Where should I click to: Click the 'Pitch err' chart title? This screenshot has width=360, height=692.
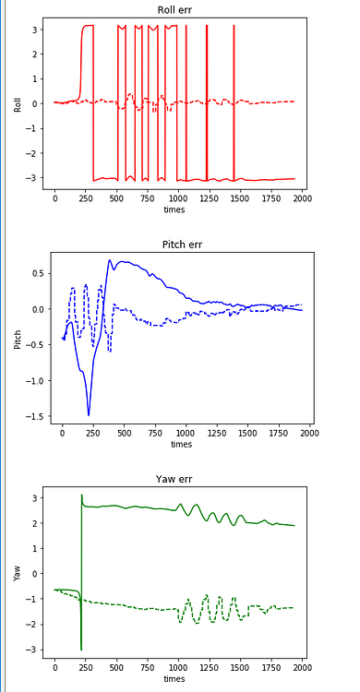pyautogui.click(x=181, y=245)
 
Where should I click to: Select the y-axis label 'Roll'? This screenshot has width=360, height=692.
pyautogui.click(x=18, y=103)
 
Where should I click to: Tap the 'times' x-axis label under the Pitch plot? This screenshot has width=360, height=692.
pyautogui.click(x=181, y=445)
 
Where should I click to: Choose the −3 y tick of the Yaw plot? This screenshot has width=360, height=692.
pyautogui.click(x=34, y=650)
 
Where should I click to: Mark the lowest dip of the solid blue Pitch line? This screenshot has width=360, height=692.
pyautogui.click(x=89, y=415)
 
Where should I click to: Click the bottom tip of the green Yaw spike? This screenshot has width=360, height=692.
pyautogui.click(x=81, y=650)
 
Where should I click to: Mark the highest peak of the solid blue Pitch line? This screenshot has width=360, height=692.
pyautogui.click(x=109, y=260)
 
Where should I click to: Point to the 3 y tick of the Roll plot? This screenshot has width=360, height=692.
pyautogui.click(x=34, y=30)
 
